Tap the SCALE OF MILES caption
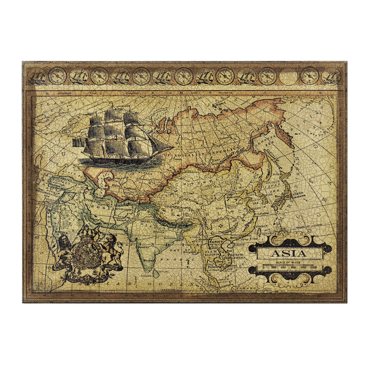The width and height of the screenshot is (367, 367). pyautogui.click(x=289, y=262)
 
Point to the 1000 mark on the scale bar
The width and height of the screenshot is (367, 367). pyautogui.click(x=313, y=267)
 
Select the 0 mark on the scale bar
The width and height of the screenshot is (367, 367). pyautogui.click(x=263, y=267)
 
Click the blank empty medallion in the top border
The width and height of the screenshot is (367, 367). pyautogui.click(x=288, y=77)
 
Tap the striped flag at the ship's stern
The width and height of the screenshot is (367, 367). pyautogui.click(x=79, y=142)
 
